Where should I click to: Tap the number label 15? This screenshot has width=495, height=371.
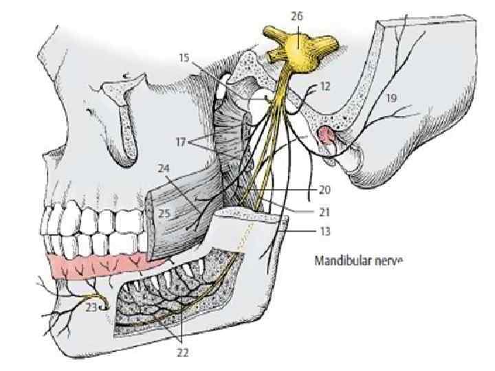(x=184, y=58)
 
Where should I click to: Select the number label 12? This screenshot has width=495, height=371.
(x=325, y=87)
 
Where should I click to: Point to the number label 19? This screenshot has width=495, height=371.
(x=390, y=98)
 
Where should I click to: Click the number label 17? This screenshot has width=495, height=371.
(x=181, y=143)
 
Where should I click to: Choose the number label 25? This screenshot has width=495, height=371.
(x=164, y=214)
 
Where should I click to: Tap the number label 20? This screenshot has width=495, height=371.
(x=325, y=188)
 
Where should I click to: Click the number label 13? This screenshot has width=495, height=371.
(x=325, y=232)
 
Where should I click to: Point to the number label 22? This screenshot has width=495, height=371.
(x=181, y=353)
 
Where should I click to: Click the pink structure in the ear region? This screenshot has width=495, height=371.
(x=327, y=138)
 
